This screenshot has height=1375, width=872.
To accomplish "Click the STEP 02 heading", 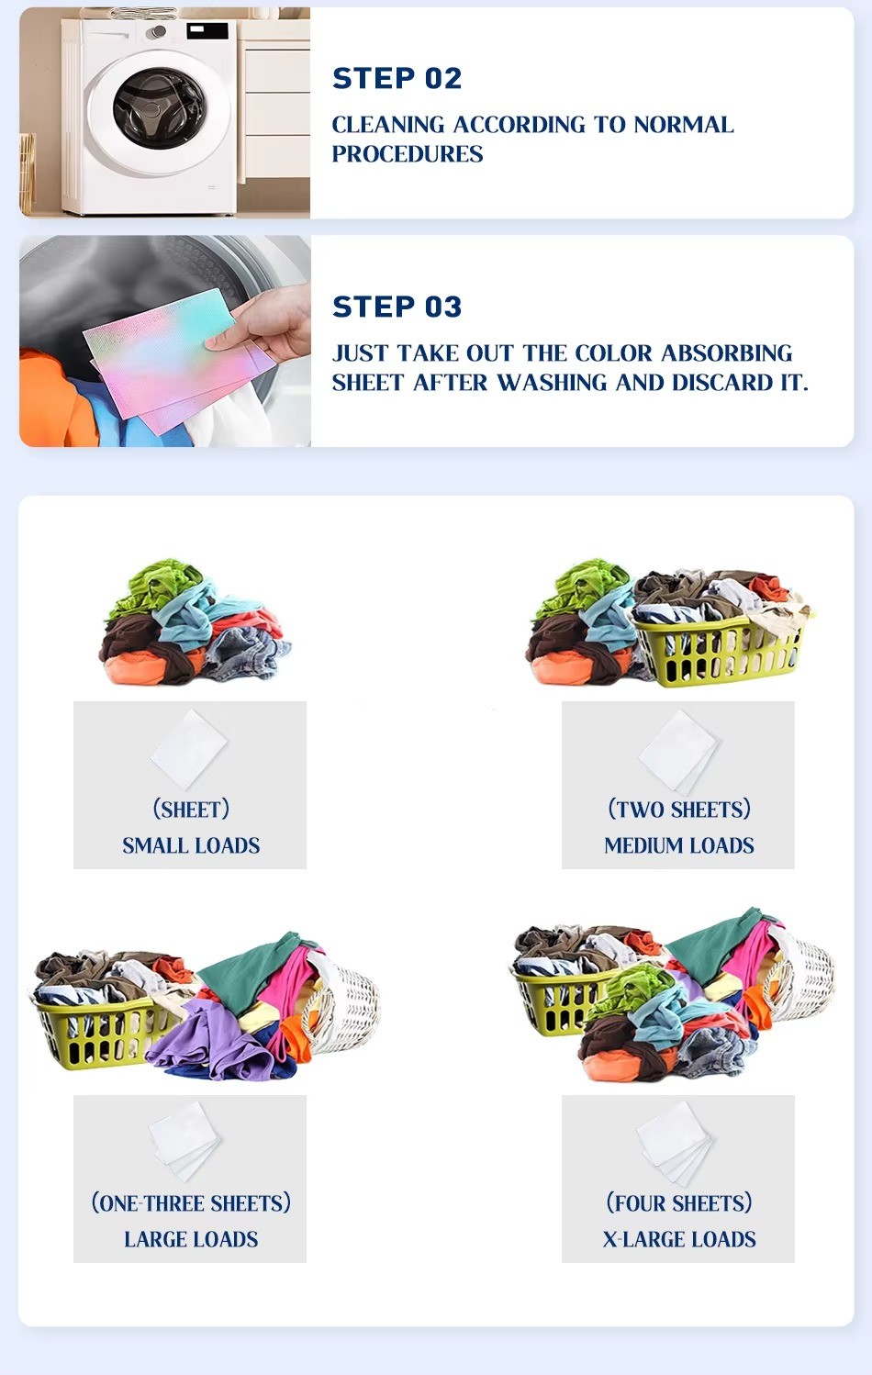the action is pyautogui.click(x=397, y=79).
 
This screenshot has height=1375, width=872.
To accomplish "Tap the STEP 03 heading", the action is pyautogui.click(x=397, y=307).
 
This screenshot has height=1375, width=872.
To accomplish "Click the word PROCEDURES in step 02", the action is pyautogui.click(x=408, y=154).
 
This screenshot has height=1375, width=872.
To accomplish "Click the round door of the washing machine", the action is pyautogui.click(x=160, y=109).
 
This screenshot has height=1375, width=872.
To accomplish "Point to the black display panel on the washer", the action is pyautogui.click(x=207, y=30).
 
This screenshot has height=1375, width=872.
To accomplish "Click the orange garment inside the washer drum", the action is pyautogui.click(x=52, y=399).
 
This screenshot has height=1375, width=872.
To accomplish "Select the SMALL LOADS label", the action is pyautogui.click(x=191, y=846).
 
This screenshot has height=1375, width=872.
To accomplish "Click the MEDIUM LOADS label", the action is pyautogui.click(x=678, y=846).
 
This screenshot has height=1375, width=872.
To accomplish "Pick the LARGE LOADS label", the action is pyautogui.click(x=191, y=1239).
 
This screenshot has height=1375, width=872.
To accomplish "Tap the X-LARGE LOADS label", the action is pyautogui.click(x=678, y=1239).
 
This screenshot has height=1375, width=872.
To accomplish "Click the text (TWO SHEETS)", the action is pyautogui.click(x=678, y=810).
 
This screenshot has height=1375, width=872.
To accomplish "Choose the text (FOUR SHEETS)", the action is pyautogui.click(x=678, y=1203).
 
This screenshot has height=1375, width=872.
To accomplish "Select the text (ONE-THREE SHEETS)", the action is pyautogui.click(x=191, y=1203).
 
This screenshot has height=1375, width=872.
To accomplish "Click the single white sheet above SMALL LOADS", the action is pyautogui.click(x=189, y=750).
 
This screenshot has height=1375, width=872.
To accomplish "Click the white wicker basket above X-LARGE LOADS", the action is pyautogui.click(x=800, y=976).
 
